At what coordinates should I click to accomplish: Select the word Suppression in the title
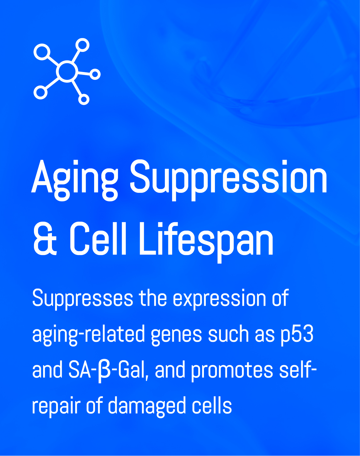pos(228,180)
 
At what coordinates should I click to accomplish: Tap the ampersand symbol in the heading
pos(45,239)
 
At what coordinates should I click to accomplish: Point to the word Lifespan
pos(206,242)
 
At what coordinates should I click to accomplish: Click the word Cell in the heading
pos(98,239)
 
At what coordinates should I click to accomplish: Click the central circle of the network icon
pos(67,71)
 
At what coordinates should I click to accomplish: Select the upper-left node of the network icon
pos(42,52)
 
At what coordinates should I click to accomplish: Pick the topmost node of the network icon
pos(82,45)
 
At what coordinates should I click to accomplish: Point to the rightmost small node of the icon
pos(95,75)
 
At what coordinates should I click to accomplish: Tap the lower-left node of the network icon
pos(41,92)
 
